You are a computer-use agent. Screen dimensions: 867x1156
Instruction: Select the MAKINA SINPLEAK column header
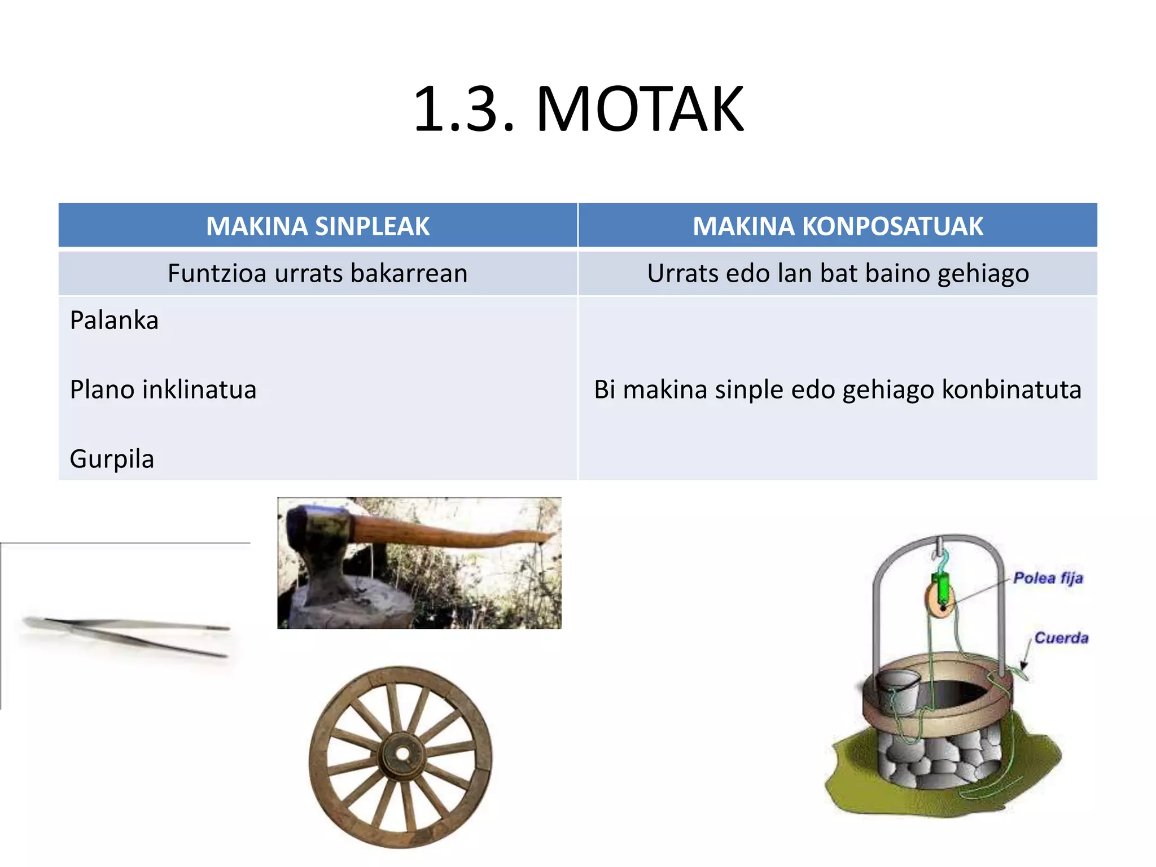(318, 226)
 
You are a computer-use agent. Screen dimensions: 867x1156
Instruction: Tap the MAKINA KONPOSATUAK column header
(838, 226)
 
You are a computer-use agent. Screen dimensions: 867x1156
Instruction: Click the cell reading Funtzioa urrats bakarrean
(318, 273)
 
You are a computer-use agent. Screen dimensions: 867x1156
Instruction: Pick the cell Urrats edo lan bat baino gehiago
(838, 273)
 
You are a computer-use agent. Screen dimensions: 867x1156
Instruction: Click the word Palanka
(114, 321)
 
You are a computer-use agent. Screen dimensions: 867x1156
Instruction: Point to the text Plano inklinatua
(163, 389)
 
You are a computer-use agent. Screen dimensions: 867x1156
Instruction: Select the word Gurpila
(112, 459)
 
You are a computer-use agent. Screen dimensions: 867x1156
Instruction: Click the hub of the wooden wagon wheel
(402, 754)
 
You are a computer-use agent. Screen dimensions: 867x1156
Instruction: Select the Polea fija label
(1048, 578)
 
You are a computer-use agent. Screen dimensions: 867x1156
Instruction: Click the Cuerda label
(1061, 638)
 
